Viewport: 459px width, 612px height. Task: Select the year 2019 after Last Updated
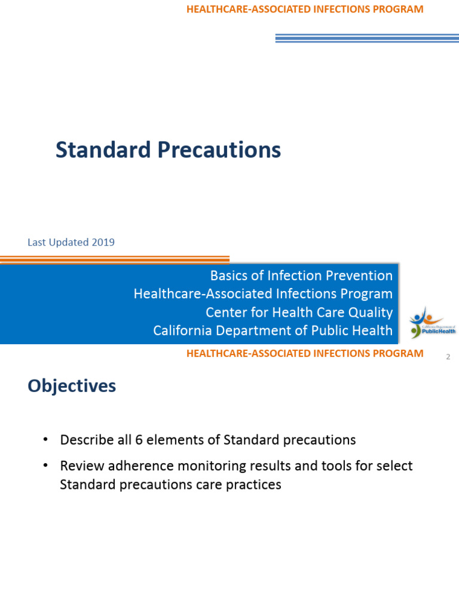coord(103,243)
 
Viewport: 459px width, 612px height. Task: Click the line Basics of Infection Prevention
coord(301,276)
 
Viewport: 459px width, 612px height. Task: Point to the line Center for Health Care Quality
coord(299,313)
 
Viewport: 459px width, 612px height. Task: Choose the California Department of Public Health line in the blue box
coord(273,331)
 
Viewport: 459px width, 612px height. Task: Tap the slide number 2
coord(448,357)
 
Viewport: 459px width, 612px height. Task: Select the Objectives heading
coord(72,386)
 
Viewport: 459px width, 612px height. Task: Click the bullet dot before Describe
coord(45,440)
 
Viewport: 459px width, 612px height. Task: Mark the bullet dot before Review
coord(45,466)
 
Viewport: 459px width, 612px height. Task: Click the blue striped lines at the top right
coord(366,38)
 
